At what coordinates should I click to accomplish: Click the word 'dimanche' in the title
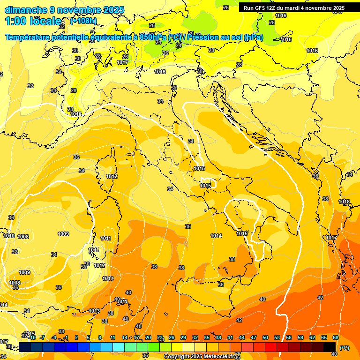click(x=25, y=9)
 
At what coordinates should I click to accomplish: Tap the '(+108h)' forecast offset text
click(x=83, y=21)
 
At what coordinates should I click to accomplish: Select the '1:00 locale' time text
click(x=33, y=21)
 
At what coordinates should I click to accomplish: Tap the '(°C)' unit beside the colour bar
click(x=344, y=348)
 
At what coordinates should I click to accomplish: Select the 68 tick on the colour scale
click(x=336, y=337)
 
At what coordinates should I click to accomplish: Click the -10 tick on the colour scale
click(x=32, y=337)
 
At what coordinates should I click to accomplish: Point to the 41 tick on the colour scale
click(x=230, y=337)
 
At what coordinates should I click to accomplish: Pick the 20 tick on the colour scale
click(x=148, y=337)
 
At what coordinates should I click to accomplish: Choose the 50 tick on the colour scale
click(x=265, y=337)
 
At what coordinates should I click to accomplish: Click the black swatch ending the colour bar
click(x=330, y=347)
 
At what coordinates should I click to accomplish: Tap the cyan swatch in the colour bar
click(x=119, y=347)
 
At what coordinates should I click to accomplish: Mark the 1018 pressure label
click(x=345, y=202)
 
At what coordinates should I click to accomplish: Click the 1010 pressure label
click(x=9, y=236)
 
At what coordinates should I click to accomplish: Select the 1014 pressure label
click(x=216, y=236)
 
